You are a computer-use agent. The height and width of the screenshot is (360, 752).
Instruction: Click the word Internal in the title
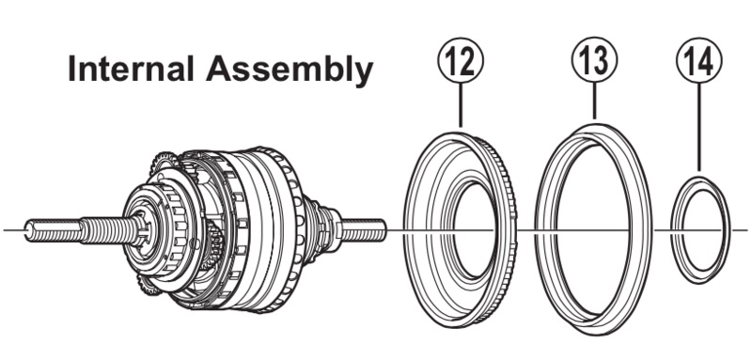[131, 68]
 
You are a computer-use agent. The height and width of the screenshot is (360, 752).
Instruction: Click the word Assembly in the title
[290, 70]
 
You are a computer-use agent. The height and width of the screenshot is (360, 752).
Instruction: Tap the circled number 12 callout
[461, 60]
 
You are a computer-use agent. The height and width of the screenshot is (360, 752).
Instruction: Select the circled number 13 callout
[594, 60]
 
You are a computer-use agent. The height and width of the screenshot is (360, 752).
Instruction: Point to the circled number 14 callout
[699, 60]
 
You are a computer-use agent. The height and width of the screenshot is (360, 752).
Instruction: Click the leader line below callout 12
[461, 105]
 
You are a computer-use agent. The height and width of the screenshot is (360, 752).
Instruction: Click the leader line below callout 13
[594, 102]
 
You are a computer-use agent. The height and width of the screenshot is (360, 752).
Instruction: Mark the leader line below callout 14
[699, 127]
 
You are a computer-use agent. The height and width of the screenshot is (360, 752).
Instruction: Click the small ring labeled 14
[673, 230]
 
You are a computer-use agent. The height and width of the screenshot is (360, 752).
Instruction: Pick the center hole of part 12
[475, 230]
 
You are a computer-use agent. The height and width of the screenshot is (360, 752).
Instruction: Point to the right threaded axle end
[363, 230]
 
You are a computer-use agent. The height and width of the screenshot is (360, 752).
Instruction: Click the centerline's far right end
[747, 230]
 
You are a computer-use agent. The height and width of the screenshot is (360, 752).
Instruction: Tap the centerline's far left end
[5, 230]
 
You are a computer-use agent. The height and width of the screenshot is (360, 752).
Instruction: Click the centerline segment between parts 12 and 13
[526, 230]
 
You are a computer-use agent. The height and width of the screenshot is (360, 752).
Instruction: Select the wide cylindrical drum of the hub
[269, 230]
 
